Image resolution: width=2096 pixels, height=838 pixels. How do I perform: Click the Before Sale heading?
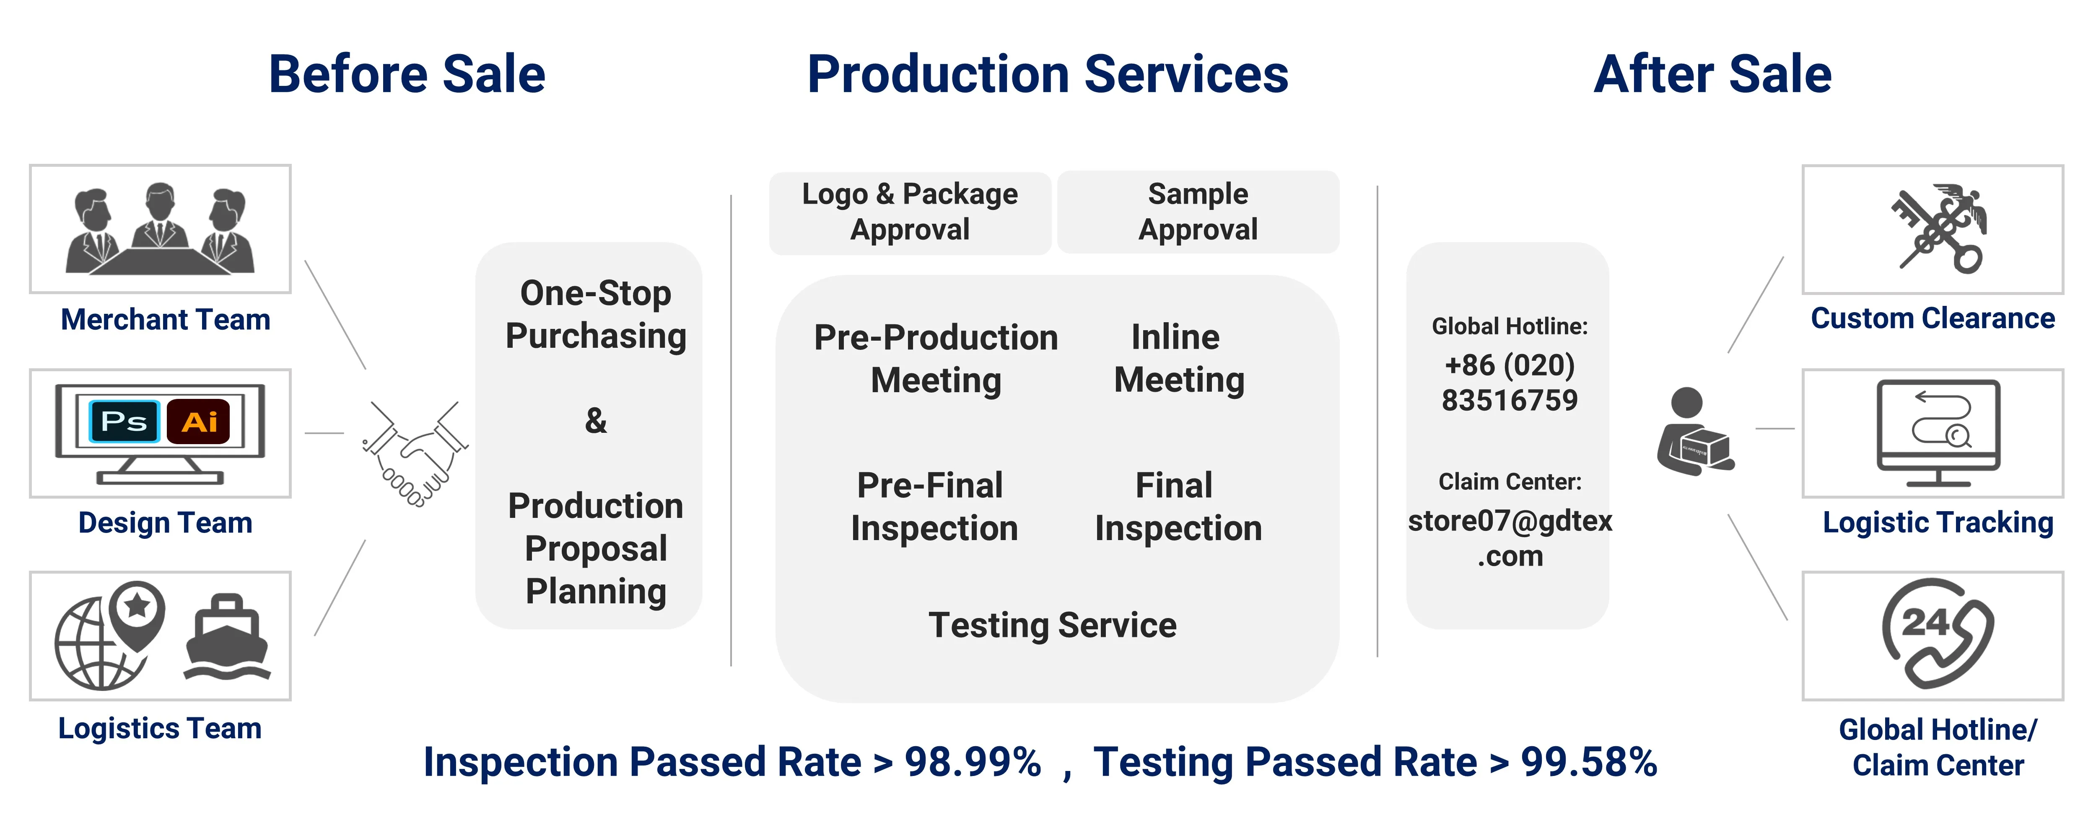click(x=407, y=74)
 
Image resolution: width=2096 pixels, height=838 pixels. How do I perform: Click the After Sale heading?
click(x=1713, y=74)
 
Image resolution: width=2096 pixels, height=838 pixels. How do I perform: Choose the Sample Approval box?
click(x=1198, y=212)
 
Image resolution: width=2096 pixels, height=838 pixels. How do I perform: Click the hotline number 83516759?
click(x=1510, y=400)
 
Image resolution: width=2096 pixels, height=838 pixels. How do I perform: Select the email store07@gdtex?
click(x=1510, y=521)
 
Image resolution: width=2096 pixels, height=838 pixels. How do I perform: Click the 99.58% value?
click(x=1589, y=762)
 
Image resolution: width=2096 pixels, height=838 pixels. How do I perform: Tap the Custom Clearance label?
click(x=1933, y=318)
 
